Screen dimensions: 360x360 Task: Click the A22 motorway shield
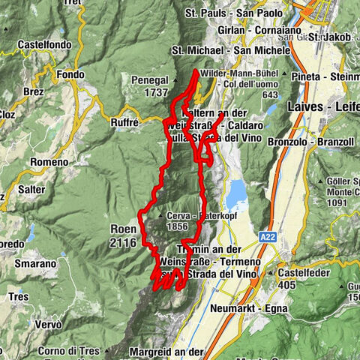[x=268, y=236]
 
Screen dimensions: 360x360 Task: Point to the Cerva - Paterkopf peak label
[x=190, y=216]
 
